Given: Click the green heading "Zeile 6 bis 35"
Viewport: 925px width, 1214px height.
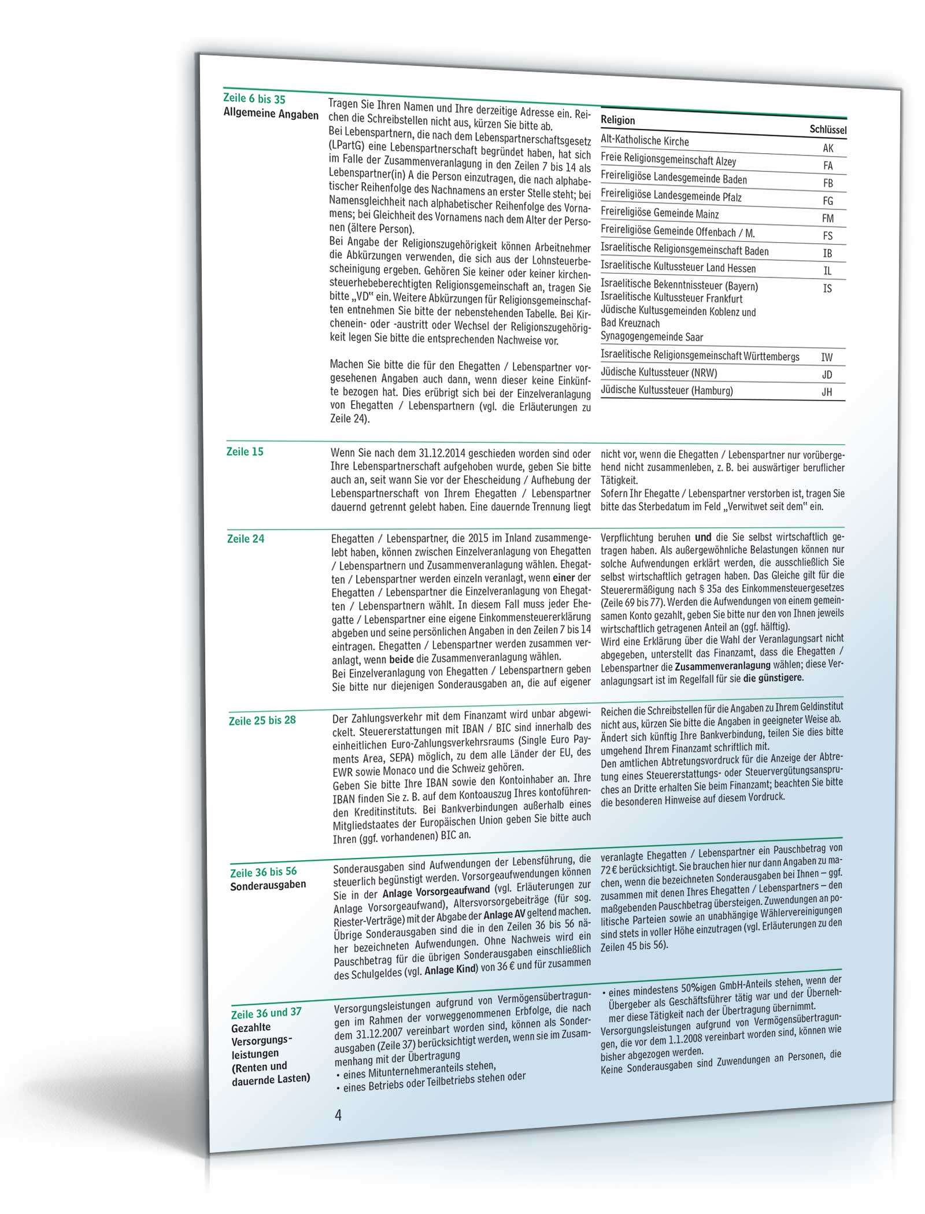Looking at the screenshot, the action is click(254, 99).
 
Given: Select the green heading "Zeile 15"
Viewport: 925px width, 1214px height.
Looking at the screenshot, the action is click(245, 451).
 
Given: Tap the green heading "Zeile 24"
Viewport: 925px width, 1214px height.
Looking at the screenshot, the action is click(246, 539).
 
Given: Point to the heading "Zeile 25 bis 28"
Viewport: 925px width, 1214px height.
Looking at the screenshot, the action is click(262, 720).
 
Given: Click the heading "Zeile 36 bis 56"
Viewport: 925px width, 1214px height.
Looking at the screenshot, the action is click(264, 871).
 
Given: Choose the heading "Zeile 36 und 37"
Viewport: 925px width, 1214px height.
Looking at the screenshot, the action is click(266, 1013).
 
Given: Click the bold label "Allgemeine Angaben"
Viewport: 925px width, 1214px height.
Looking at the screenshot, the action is click(271, 114).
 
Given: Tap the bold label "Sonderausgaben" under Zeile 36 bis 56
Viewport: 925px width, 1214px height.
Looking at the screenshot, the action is click(268, 884).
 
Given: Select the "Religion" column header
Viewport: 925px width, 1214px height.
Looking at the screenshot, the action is click(617, 120).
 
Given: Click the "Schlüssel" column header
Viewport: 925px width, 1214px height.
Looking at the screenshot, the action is click(828, 130).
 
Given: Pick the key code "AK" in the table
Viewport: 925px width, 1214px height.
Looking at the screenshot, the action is click(828, 148).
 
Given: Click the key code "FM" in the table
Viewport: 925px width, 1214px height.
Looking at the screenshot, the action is click(828, 219).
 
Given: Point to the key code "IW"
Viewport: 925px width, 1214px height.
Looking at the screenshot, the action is click(827, 357).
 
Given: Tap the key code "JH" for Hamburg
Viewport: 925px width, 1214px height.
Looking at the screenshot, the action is click(827, 392).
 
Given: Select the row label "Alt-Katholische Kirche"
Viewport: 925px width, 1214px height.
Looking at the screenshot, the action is click(645, 140).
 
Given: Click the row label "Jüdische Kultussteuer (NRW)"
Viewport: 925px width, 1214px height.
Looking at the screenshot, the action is click(658, 372).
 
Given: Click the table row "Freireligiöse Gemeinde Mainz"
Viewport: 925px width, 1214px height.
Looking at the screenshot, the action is click(660, 214).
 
